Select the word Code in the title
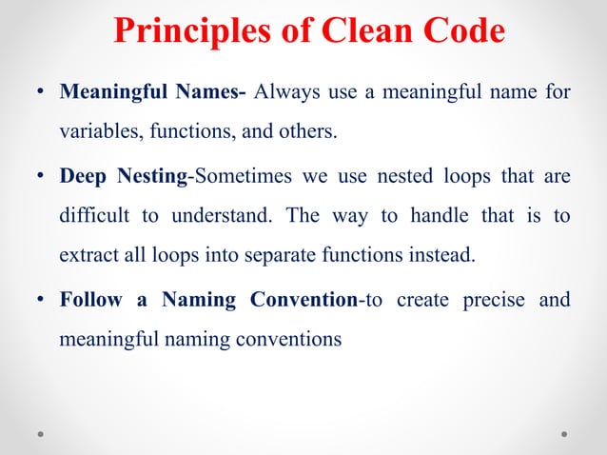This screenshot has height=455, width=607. click(x=457, y=30)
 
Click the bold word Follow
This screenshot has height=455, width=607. click(x=91, y=300)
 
